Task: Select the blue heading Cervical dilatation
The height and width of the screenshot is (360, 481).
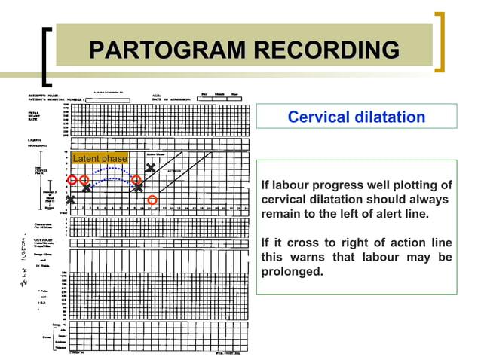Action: click(357, 117)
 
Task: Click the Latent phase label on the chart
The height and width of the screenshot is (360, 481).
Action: click(100, 159)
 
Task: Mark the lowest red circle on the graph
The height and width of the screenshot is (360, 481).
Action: click(152, 200)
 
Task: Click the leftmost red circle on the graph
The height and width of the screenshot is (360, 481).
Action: click(72, 180)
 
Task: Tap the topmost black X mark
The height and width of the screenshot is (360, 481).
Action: click(152, 169)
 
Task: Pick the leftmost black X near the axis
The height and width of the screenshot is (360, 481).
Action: click(71, 200)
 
